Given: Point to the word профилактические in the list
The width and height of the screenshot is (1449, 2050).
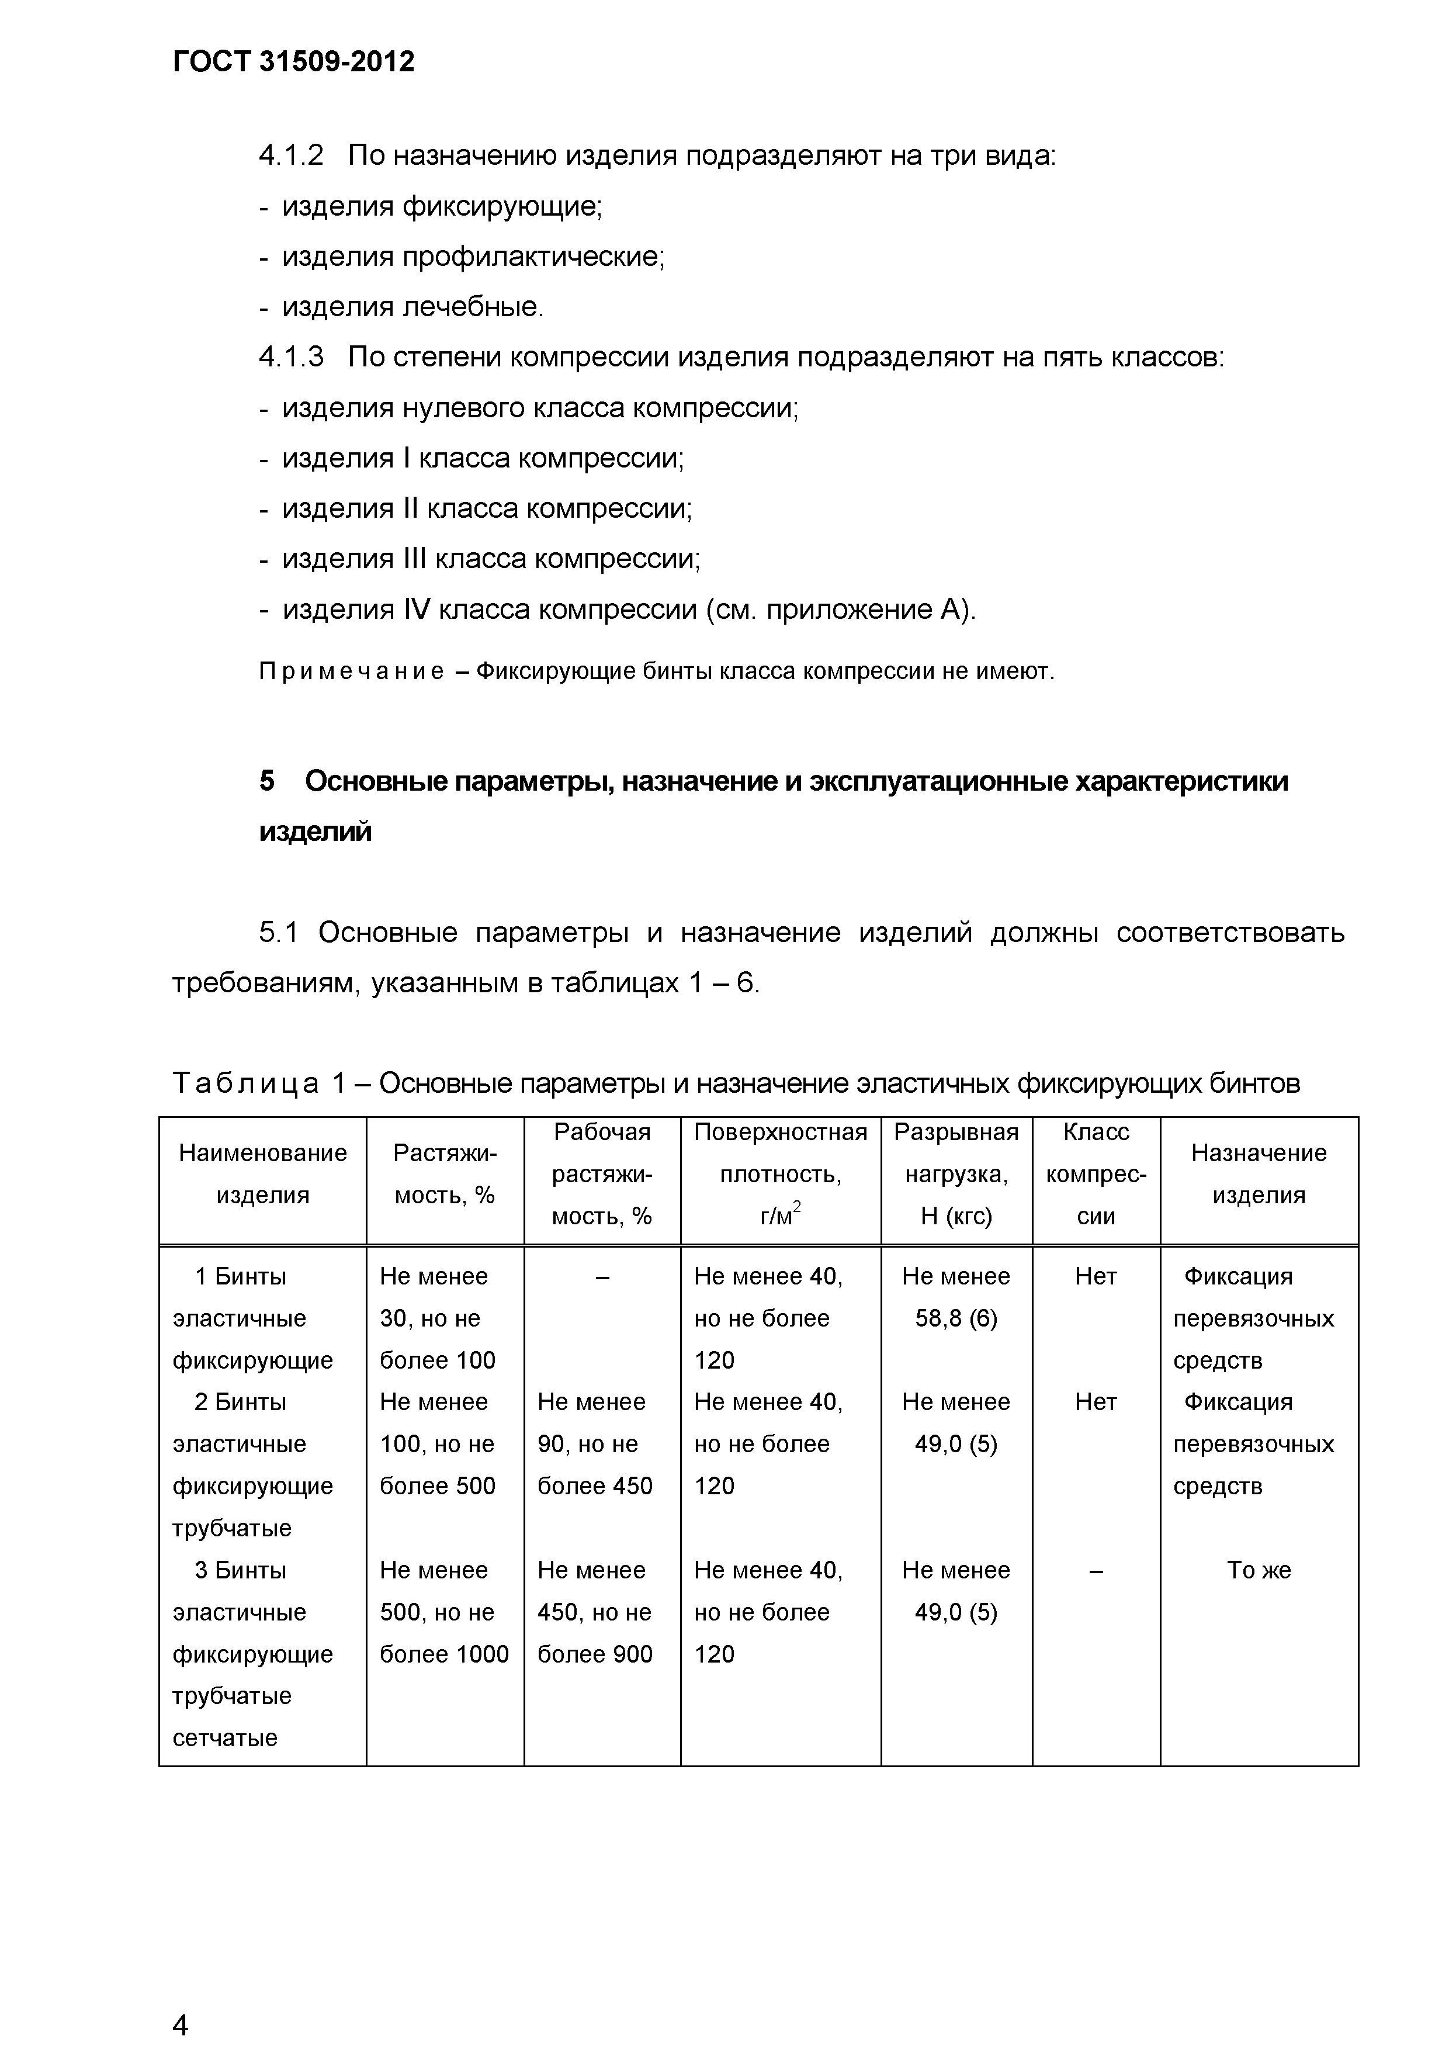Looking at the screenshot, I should (532, 257).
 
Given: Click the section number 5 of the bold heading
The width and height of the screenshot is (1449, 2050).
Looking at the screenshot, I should (267, 781).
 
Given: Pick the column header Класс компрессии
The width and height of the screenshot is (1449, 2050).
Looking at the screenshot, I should (1096, 1174).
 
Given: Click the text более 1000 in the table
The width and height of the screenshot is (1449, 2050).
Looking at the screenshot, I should (443, 1654).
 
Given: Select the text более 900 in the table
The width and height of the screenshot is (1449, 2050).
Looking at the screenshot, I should (595, 1654).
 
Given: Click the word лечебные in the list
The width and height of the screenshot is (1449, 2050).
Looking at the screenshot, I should (472, 307).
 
